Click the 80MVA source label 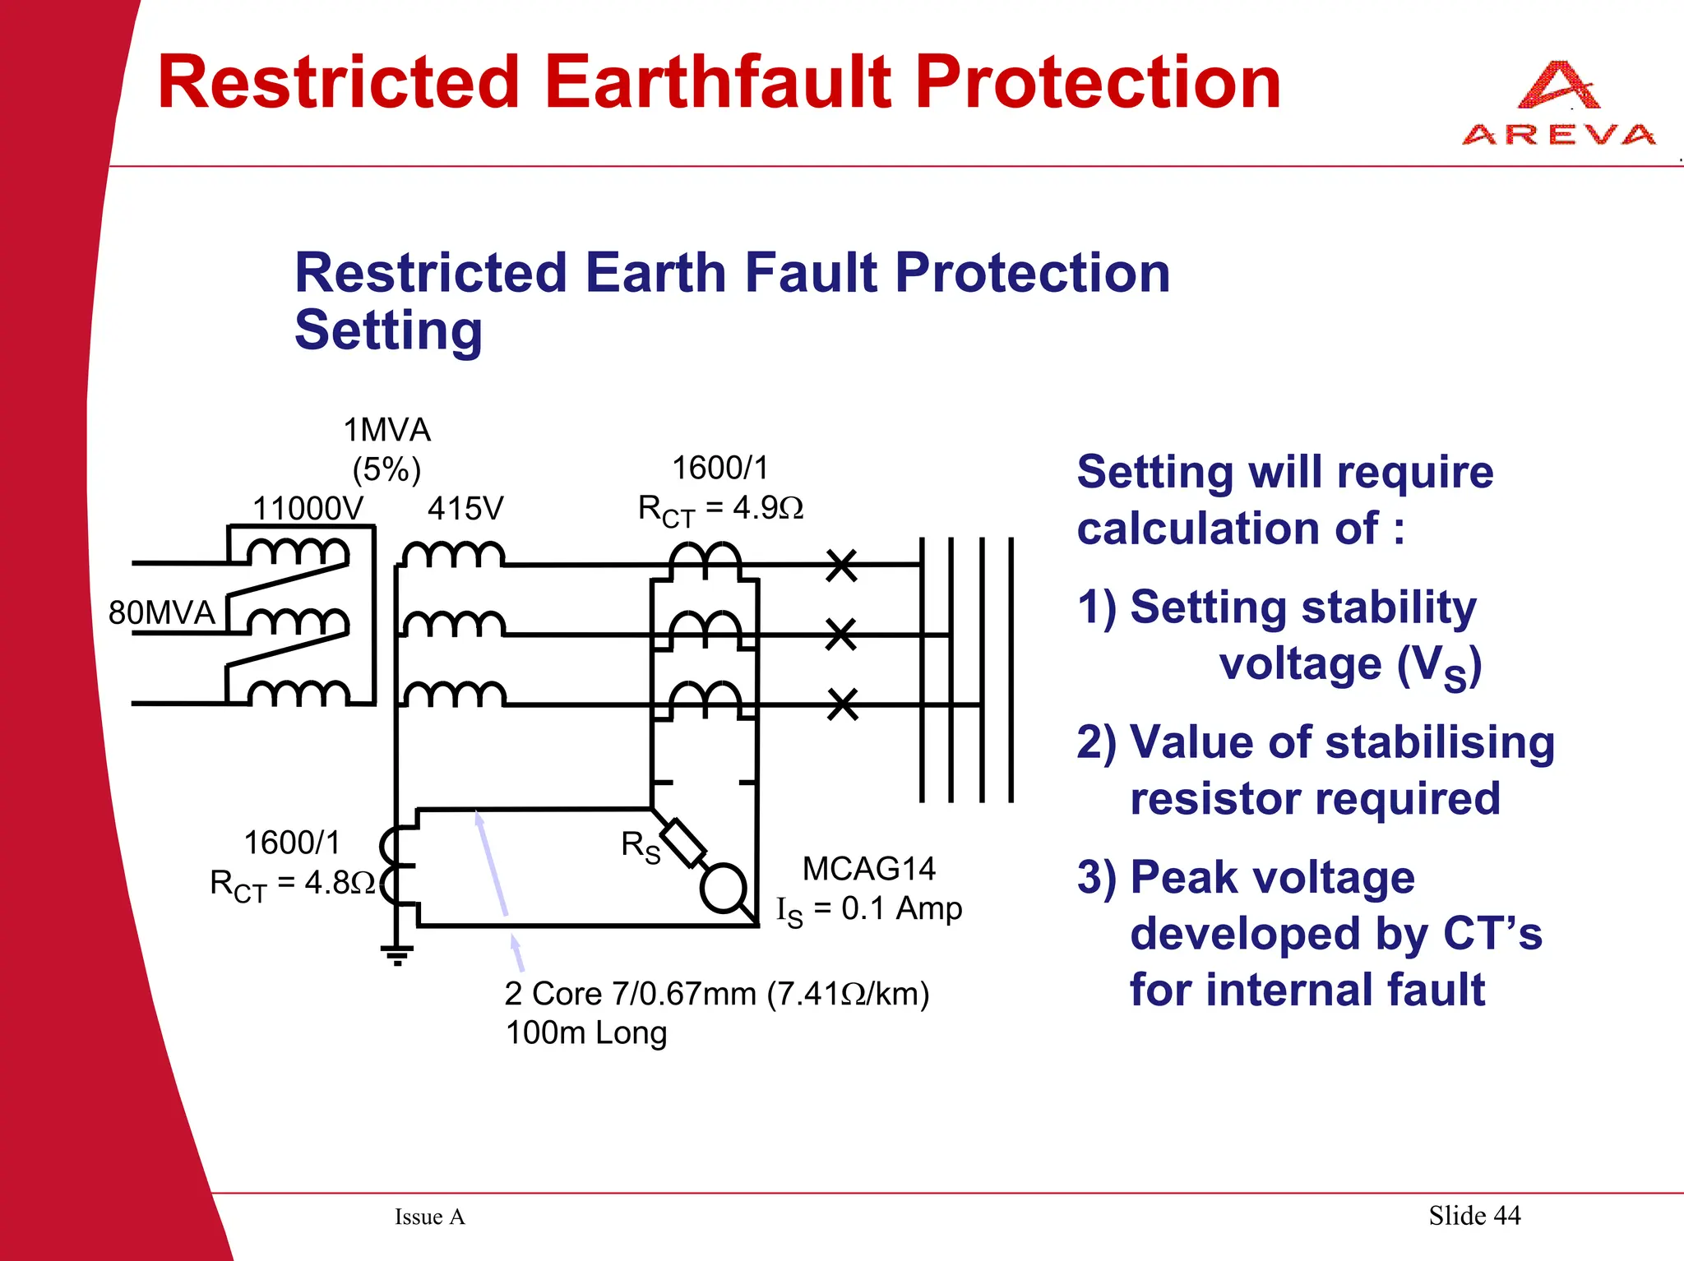[161, 612]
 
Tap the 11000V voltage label [307, 508]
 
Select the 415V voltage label [465, 508]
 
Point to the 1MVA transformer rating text [386, 430]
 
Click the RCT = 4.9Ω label [720, 510]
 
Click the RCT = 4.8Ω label [292, 885]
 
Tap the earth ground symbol [396, 954]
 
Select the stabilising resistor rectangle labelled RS [683, 843]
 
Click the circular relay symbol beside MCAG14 [723, 888]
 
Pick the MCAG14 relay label [868, 868]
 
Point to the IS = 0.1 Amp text [869, 909]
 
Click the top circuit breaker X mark [841, 566]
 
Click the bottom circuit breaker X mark [842, 704]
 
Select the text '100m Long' [585, 1032]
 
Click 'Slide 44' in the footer [1474, 1215]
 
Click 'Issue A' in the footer [429, 1217]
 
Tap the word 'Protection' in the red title [1098, 82]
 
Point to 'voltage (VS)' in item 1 [1349, 664]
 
